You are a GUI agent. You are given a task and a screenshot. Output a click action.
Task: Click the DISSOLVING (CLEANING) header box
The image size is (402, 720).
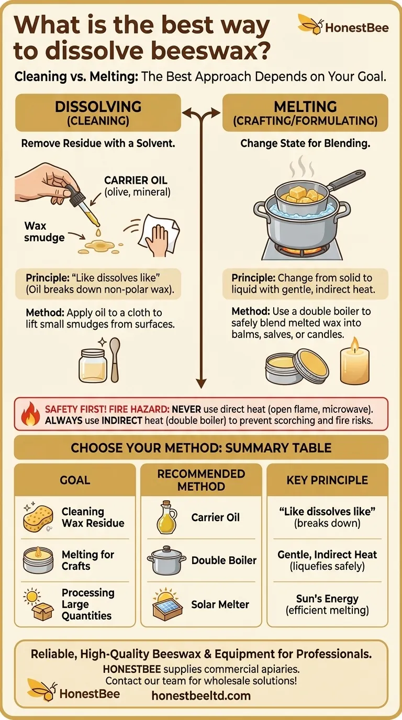point(98,113)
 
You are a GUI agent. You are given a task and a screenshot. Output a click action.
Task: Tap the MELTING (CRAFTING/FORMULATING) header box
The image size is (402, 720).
point(305,113)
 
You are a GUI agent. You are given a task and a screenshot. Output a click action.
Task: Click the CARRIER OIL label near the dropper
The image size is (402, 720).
point(136,180)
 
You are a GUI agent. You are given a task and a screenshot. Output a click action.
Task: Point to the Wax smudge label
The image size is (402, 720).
point(44,231)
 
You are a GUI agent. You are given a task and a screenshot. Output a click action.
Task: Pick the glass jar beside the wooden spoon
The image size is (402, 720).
point(93,365)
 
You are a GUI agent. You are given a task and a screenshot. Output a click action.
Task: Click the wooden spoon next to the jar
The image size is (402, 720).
point(115,359)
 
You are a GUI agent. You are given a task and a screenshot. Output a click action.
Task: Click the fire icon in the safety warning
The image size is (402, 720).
point(30,414)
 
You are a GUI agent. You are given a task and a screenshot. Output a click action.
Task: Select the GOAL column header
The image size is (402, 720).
point(75,480)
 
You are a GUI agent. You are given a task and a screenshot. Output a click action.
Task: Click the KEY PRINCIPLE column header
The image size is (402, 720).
point(327,480)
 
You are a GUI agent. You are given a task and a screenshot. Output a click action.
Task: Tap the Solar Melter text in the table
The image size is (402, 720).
point(220,604)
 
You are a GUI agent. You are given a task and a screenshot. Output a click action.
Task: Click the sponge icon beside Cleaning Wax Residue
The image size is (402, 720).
point(38,518)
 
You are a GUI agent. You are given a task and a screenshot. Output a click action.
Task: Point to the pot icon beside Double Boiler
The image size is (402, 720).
point(166,560)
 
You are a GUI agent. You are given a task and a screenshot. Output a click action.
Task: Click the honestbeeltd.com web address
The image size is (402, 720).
point(201,695)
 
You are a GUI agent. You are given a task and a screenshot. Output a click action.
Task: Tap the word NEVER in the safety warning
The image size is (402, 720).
point(186,409)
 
